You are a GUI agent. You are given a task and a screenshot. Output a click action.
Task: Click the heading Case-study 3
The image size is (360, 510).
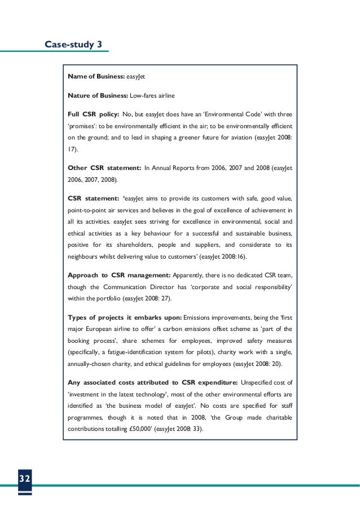coord(73,44)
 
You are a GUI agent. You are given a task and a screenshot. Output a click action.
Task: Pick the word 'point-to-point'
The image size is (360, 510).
coord(90,210)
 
